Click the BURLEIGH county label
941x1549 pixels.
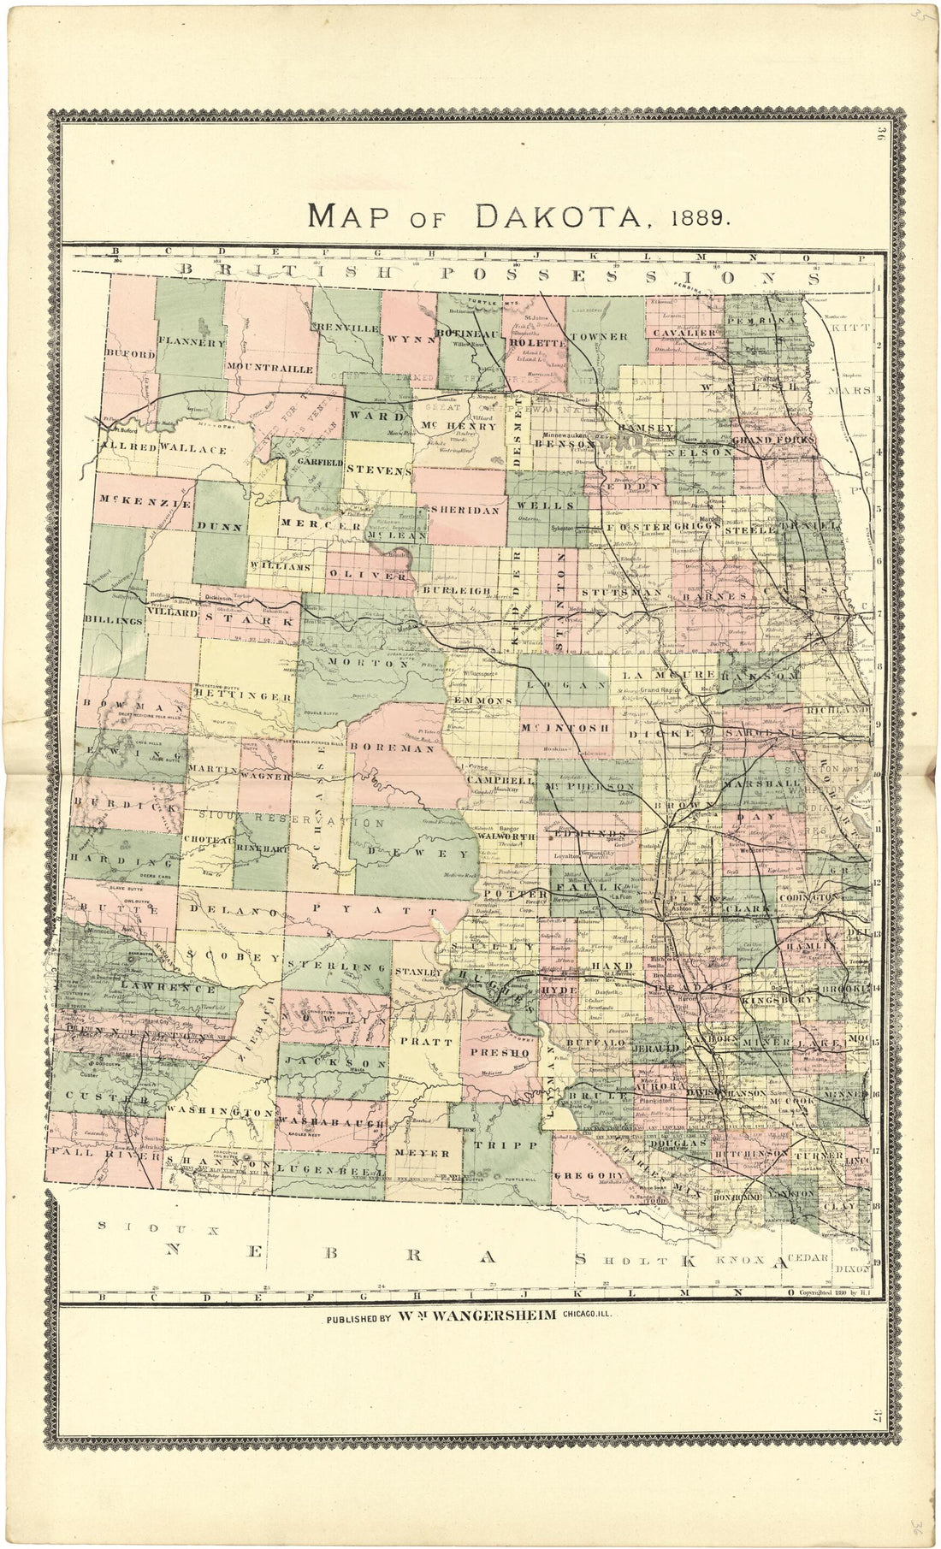[x=454, y=590]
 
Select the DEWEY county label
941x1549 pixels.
[x=419, y=853]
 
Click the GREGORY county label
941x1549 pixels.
[x=589, y=1176]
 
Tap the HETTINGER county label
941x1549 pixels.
[x=243, y=696]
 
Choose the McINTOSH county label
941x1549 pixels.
[x=565, y=727]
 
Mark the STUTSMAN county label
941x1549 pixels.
[x=621, y=592]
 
